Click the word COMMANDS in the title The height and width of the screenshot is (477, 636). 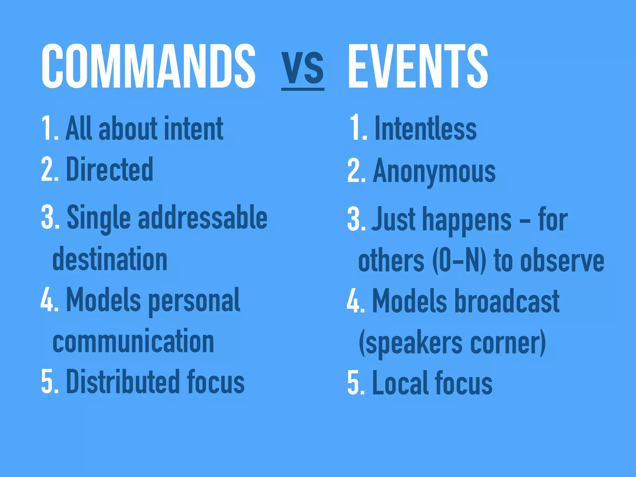[x=148, y=66]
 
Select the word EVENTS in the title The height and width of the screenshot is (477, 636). [x=418, y=66]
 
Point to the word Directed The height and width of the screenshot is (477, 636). [x=110, y=169]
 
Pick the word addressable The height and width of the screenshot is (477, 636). [x=202, y=217]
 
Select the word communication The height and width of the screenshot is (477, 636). [x=134, y=341]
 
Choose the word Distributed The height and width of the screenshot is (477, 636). [x=123, y=382]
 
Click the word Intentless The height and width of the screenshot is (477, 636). [x=425, y=128]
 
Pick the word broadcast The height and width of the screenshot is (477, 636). [x=507, y=301]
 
